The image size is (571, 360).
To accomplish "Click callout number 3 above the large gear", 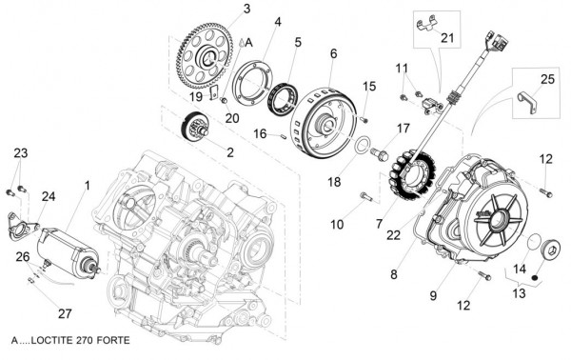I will [246, 10].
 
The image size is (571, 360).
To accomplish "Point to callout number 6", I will [333, 53].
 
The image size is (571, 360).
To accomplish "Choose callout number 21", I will [448, 38].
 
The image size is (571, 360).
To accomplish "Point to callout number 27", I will [65, 313].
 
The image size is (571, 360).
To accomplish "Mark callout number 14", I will [519, 270].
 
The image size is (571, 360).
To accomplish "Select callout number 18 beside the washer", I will [334, 182].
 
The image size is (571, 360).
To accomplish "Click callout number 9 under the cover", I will [433, 296].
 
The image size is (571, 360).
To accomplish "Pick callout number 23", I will [21, 153].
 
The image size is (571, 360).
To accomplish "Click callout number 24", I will [48, 196].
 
